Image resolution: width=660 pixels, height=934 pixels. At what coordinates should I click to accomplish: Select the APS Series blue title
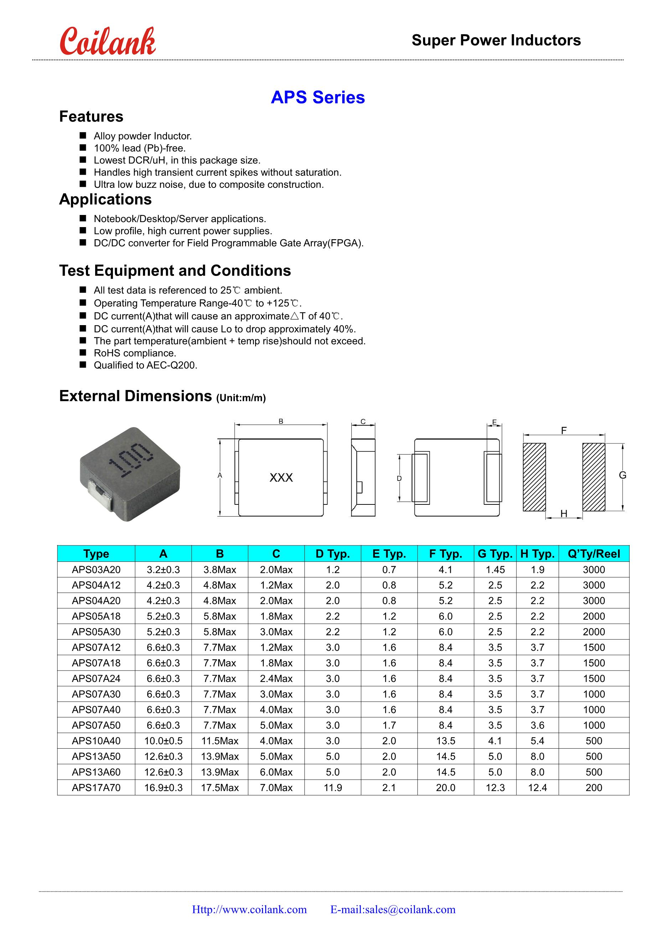pyautogui.click(x=318, y=97)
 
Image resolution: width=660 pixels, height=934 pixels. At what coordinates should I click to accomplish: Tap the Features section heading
pyautogui.click(x=91, y=117)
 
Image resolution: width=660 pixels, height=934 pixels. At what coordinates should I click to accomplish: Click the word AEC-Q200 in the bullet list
pyautogui.click(x=171, y=365)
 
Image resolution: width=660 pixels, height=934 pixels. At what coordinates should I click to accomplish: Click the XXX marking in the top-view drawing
pyautogui.click(x=281, y=478)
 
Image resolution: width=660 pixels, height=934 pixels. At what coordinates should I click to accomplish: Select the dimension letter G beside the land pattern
pyautogui.click(x=622, y=475)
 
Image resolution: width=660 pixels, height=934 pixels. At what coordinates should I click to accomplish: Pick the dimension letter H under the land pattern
pyautogui.click(x=564, y=514)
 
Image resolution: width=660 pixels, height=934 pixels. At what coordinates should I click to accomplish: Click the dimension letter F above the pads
pyautogui.click(x=564, y=430)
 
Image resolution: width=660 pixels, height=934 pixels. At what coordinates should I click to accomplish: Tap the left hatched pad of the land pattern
pyautogui.click(x=534, y=477)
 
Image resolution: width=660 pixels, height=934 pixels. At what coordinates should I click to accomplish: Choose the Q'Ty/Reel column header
pyautogui.click(x=594, y=554)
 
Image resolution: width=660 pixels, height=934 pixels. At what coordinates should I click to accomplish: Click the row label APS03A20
pyautogui.click(x=96, y=570)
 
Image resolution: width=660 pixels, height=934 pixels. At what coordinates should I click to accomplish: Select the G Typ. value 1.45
pyautogui.click(x=495, y=570)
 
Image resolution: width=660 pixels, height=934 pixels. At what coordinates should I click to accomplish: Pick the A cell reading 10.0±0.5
pyautogui.click(x=164, y=741)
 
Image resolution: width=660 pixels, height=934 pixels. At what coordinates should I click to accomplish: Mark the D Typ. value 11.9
pyautogui.click(x=332, y=787)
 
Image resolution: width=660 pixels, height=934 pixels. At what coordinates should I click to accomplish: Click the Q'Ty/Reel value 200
pyautogui.click(x=594, y=787)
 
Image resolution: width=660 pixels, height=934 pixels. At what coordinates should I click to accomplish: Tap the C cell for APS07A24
pyautogui.click(x=276, y=678)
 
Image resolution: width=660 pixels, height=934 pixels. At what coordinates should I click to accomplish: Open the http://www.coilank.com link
pyautogui.click(x=249, y=910)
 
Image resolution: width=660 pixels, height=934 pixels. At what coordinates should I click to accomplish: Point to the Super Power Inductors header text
pyautogui.click(x=496, y=40)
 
